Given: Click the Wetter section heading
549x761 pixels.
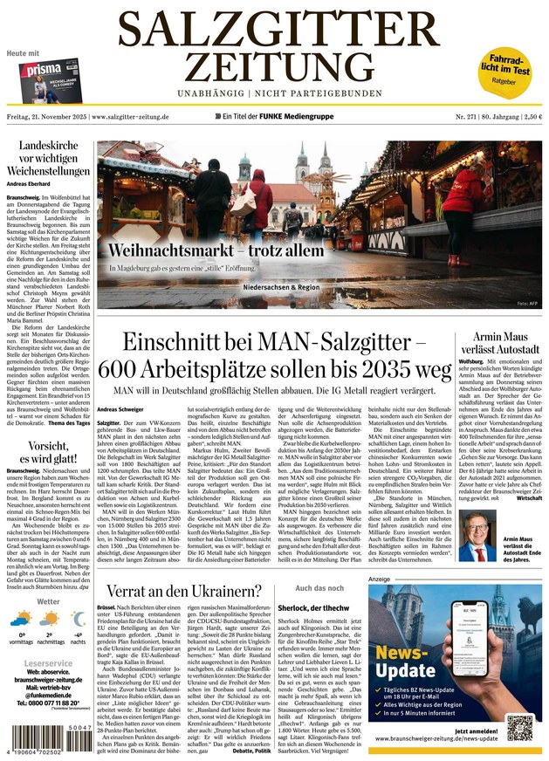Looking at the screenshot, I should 49,601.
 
